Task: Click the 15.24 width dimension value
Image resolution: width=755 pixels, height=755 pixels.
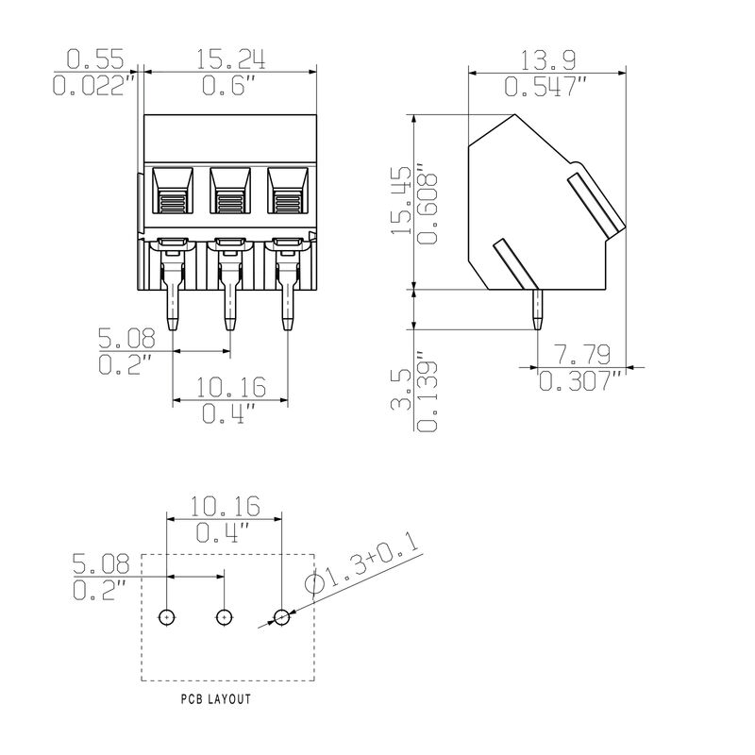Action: click(230, 59)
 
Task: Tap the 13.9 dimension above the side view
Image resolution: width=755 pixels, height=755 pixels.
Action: click(547, 60)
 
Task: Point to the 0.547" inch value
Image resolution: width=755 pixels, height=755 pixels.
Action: click(547, 88)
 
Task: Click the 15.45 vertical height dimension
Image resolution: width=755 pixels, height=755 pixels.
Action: click(400, 200)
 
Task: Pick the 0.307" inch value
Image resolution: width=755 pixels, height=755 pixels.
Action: click(580, 381)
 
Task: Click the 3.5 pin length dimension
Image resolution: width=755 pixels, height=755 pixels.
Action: click(400, 390)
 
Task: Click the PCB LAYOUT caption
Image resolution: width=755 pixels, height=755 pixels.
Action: click(216, 699)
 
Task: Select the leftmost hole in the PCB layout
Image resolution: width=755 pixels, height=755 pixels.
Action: click(166, 617)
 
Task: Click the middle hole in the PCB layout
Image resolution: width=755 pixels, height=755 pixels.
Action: click(224, 617)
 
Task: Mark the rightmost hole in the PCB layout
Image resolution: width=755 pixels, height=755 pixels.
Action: click(281, 617)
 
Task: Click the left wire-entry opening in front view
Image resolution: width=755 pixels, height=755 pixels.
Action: click(173, 191)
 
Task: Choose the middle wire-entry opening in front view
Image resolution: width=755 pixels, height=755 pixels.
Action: click(230, 191)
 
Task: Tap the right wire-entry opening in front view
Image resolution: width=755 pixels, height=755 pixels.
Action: click(288, 191)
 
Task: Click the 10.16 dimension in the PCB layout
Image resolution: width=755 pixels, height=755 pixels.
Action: click(225, 506)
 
